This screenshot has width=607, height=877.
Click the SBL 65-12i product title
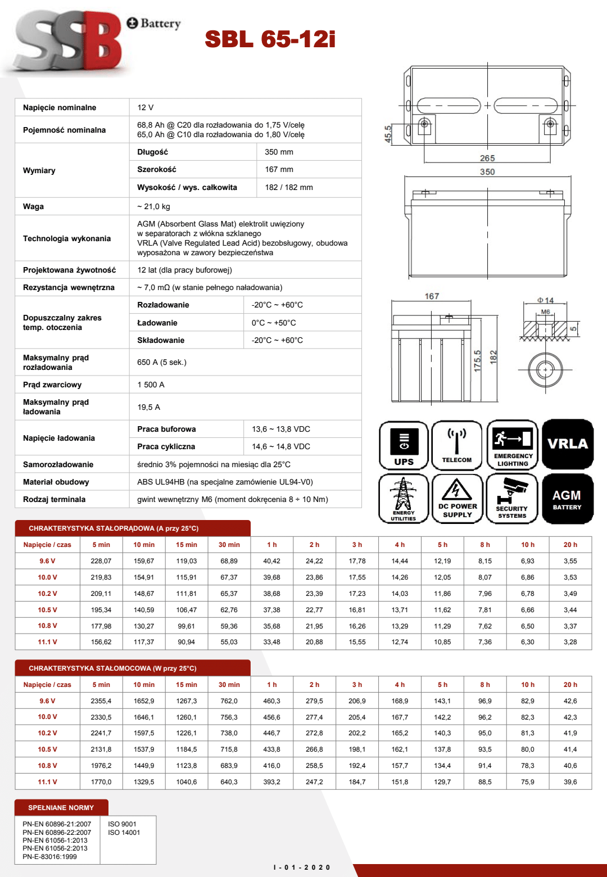270,39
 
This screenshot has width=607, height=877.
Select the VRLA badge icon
568,444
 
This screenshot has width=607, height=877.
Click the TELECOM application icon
457,445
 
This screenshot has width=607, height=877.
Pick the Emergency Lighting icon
513,445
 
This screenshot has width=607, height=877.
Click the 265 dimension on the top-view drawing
487,159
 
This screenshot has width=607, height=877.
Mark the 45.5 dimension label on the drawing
388,134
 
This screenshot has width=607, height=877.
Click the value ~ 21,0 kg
153,206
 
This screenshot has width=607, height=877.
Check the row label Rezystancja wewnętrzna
69,287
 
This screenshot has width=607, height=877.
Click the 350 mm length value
279,152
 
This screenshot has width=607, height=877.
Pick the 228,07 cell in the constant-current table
101,561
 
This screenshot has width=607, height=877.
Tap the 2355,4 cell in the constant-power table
101,701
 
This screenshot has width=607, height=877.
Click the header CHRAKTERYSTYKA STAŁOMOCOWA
112,668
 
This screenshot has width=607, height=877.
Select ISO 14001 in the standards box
124,833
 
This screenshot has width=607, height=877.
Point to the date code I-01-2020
302,867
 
